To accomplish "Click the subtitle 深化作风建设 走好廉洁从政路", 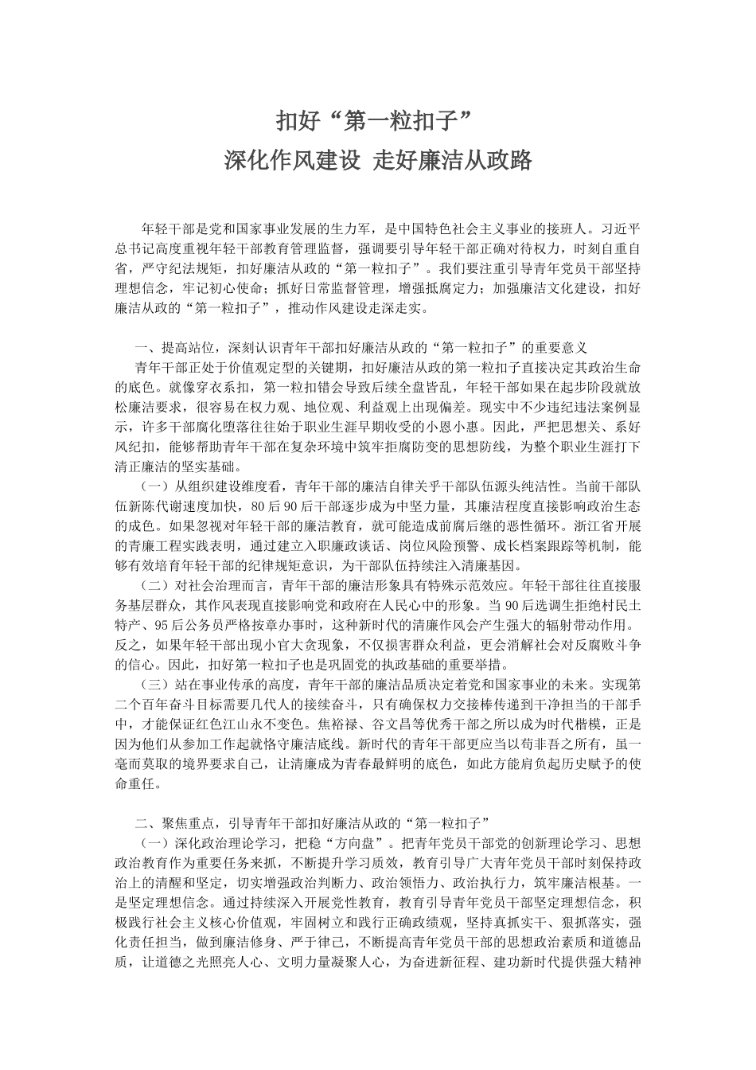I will click(x=377, y=161).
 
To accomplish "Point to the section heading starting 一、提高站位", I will click(x=361, y=348).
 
